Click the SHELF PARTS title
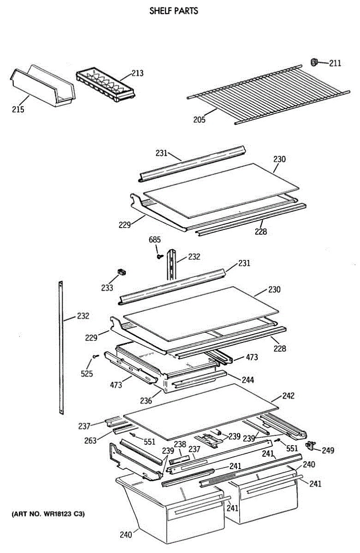click(174, 11)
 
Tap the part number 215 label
click(18, 110)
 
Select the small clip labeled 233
click(122, 272)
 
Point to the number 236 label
click(146, 401)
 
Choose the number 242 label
click(288, 396)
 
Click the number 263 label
click(90, 441)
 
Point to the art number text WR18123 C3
click(48, 513)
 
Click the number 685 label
click(154, 240)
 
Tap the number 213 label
click(137, 73)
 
